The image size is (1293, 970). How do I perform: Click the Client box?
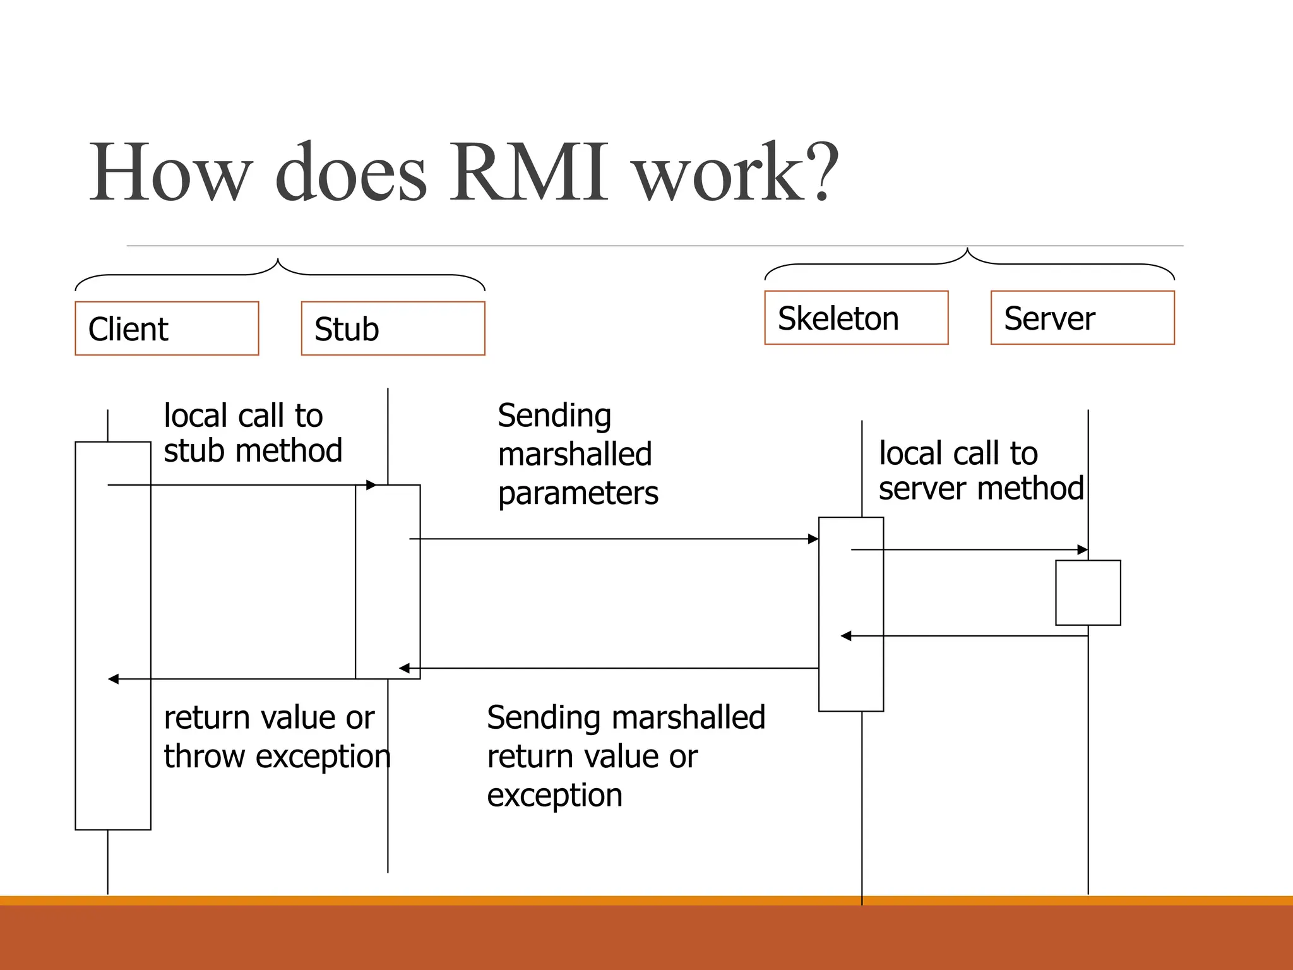click(x=167, y=328)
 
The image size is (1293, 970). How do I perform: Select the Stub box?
click(x=393, y=328)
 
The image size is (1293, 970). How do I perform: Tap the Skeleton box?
click(x=856, y=318)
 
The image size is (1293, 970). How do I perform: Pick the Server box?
click(x=1082, y=318)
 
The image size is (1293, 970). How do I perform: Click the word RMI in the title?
click(x=529, y=172)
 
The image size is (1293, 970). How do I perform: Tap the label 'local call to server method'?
click(x=980, y=471)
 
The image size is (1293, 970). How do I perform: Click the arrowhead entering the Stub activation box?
click(x=372, y=485)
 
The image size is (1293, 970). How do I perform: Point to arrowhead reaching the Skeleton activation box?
click(x=813, y=539)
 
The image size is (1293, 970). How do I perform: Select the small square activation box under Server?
click(x=1088, y=592)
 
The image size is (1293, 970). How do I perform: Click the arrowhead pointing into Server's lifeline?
click(x=1082, y=549)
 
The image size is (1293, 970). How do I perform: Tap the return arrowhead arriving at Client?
click(x=114, y=679)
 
